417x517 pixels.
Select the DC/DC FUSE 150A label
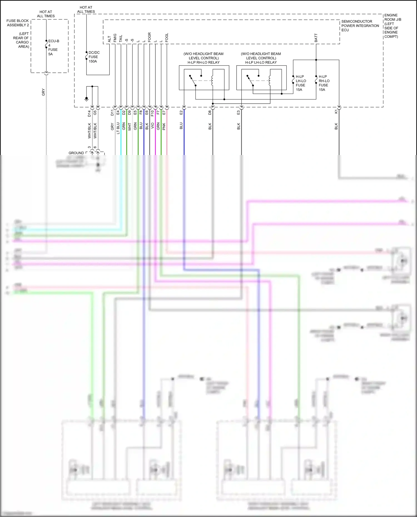[x=93, y=57]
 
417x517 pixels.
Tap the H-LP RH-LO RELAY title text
[x=203, y=63]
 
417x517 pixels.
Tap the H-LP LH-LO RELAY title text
[x=261, y=63]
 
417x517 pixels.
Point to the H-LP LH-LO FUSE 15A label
[x=301, y=83]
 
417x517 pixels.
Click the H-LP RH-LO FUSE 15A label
[x=324, y=83]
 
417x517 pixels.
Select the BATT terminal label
[x=316, y=38]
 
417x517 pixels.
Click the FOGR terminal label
[x=150, y=38]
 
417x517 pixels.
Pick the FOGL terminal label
[x=167, y=38]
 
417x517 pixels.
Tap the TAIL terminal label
[x=121, y=39]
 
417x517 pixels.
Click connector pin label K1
[x=336, y=111]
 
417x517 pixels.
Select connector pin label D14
[x=89, y=113]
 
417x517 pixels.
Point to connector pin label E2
[x=181, y=112]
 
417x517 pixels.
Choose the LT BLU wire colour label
[x=118, y=128]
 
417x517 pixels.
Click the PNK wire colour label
[x=164, y=126]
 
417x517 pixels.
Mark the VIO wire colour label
[x=152, y=126]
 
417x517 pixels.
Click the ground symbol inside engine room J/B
[x=86, y=99]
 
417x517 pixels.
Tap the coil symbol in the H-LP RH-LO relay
[x=212, y=81]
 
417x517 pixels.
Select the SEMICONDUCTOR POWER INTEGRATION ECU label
[x=360, y=26]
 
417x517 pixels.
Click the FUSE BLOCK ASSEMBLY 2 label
[x=18, y=23]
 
